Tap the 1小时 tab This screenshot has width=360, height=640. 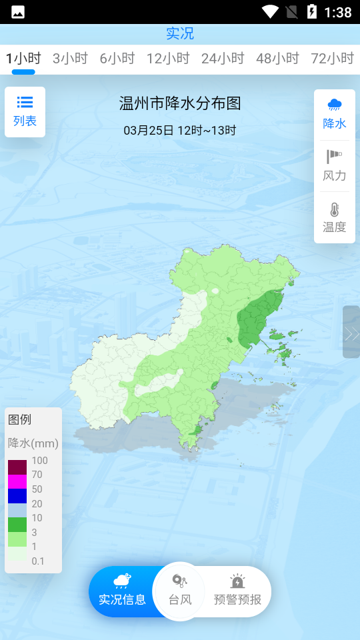23,59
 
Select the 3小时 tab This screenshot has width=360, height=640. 70,59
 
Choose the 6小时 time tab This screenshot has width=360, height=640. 117,59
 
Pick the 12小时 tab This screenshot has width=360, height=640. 168,59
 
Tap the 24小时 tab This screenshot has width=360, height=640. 223,59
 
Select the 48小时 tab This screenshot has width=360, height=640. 277,59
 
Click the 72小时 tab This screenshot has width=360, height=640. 332,59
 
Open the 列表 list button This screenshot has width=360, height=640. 25,112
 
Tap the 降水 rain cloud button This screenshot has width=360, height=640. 335,114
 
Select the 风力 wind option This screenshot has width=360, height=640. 335,166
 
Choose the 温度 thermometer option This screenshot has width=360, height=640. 335,217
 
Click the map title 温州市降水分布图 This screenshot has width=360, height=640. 180,103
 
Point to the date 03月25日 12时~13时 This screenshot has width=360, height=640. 180,130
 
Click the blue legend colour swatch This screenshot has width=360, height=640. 17,496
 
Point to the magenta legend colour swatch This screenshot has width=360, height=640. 17,481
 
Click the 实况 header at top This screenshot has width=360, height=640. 180,33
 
